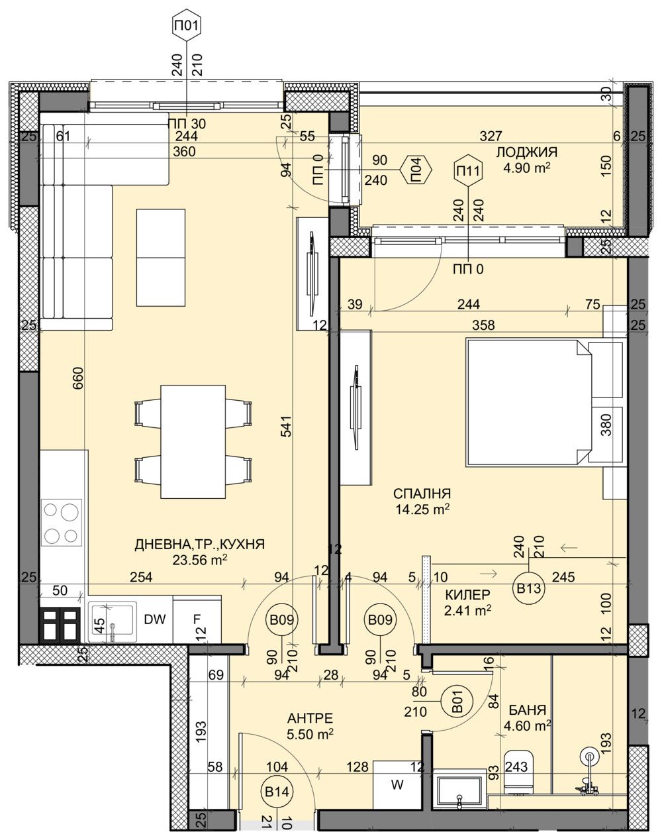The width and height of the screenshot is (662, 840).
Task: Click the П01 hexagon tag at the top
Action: (x=186, y=27)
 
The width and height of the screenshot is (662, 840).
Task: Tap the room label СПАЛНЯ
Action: (x=422, y=494)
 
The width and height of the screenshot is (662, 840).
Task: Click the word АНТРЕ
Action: (x=310, y=719)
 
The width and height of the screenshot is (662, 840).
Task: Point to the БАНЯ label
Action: (x=527, y=710)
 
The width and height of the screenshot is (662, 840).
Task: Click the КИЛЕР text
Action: (x=468, y=594)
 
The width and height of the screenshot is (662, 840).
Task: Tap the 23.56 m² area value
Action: (x=200, y=560)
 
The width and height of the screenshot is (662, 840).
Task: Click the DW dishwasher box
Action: (x=154, y=620)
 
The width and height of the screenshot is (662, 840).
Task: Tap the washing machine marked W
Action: (x=397, y=786)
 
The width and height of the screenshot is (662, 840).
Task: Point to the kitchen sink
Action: (x=113, y=621)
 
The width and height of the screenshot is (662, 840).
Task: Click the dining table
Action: (x=193, y=441)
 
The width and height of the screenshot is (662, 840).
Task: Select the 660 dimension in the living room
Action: (x=78, y=378)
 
